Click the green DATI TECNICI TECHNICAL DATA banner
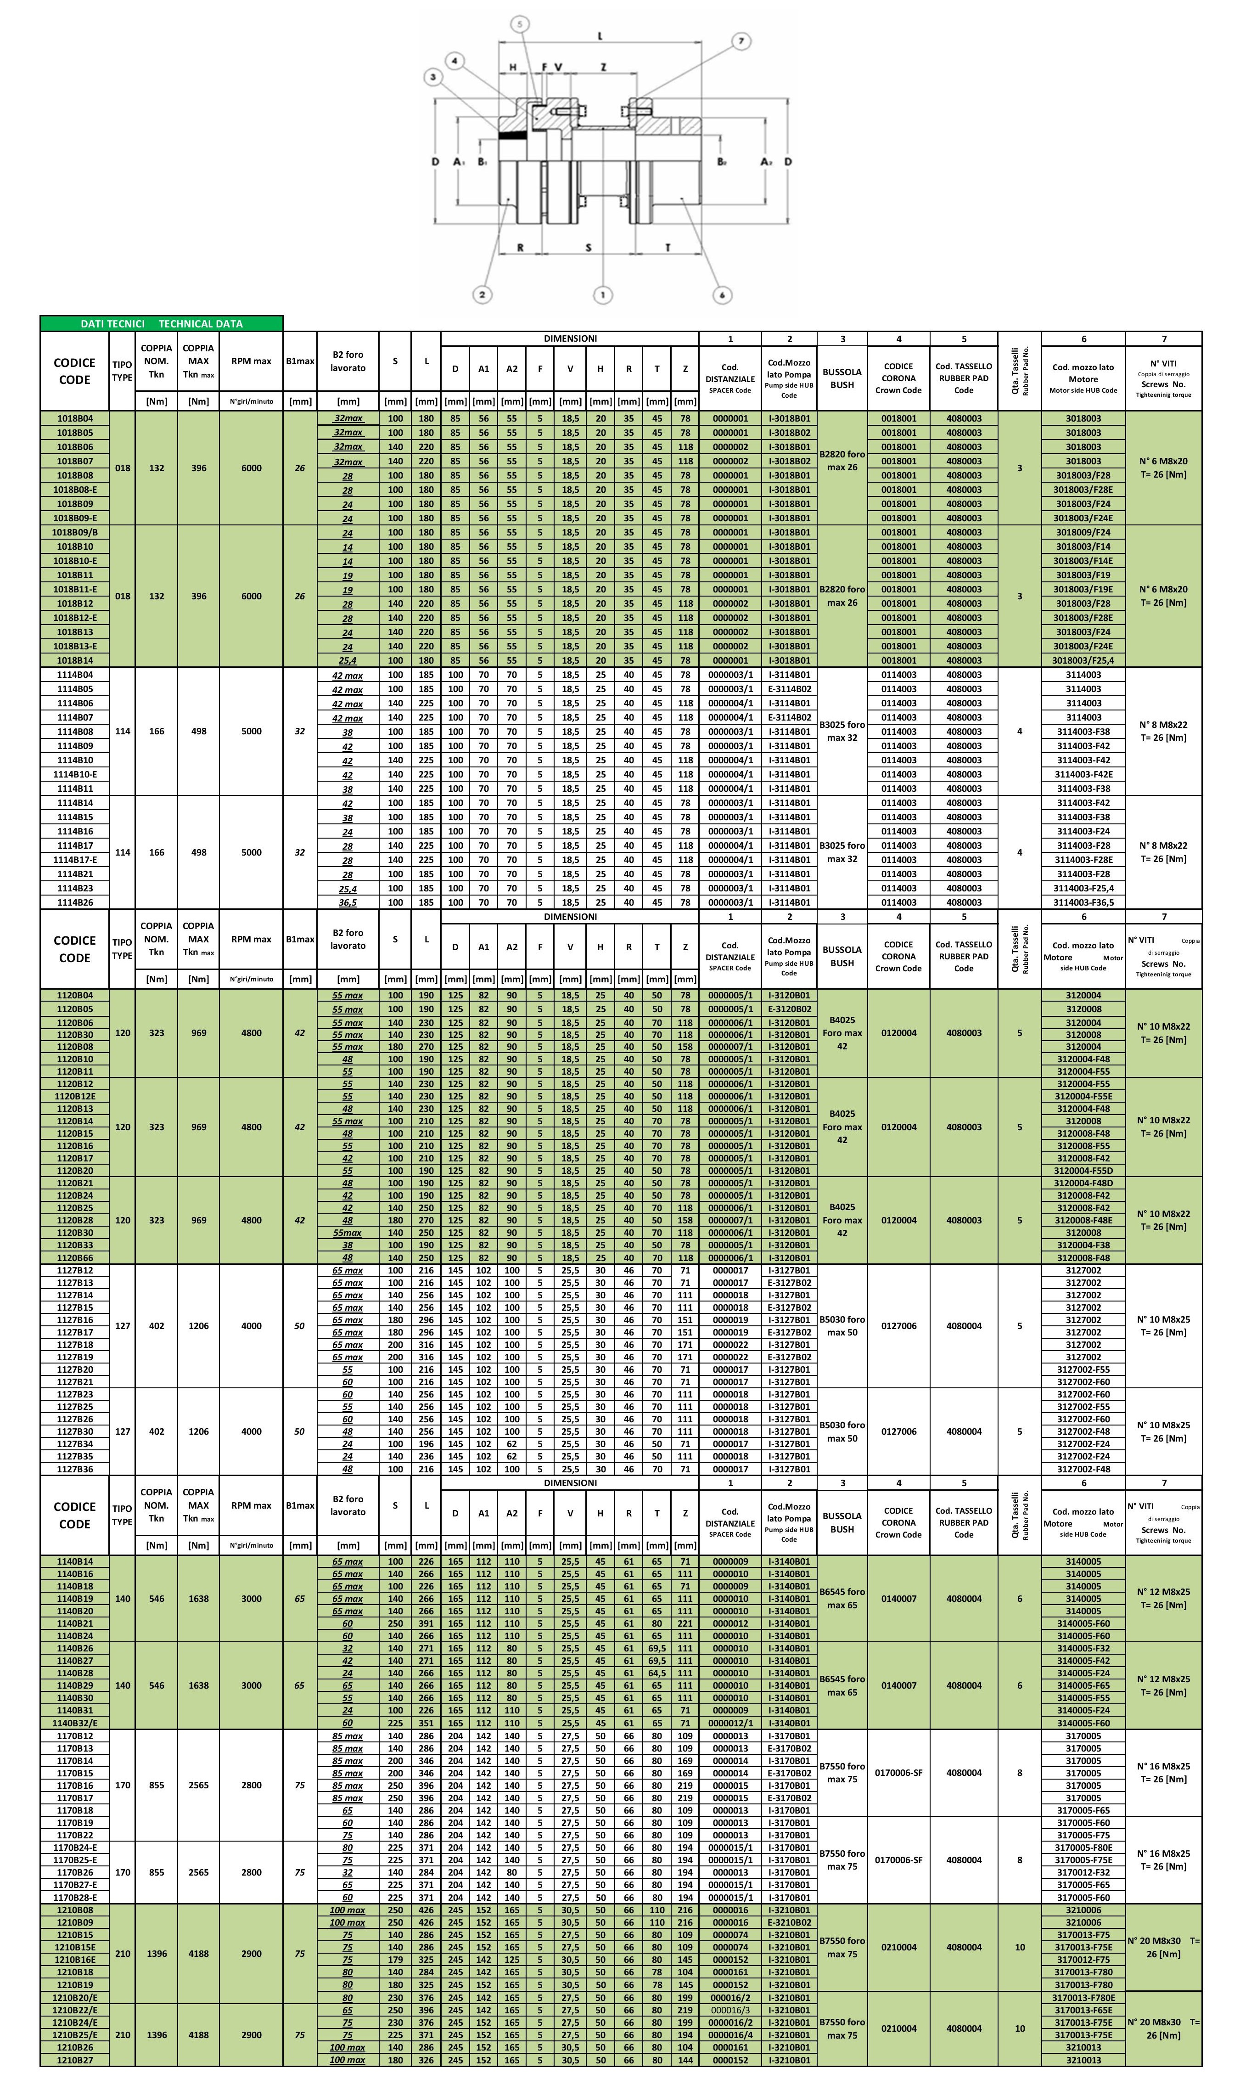(x=161, y=323)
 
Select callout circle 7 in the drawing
(x=741, y=41)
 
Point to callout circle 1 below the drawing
(x=602, y=294)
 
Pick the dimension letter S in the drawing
(x=588, y=248)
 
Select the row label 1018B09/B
(x=74, y=532)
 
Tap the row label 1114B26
(x=74, y=902)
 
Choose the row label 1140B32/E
(x=74, y=1723)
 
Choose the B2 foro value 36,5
(x=348, y=902)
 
